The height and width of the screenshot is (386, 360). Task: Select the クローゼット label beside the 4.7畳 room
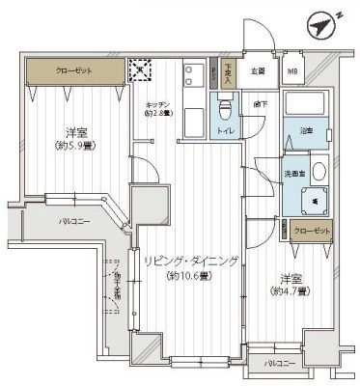pyautogui.click(x=313, y=232)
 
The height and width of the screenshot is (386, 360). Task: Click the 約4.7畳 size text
pyautogui.click(x=289, y=290)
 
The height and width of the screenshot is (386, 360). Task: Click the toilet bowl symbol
pyautogui.click(x=226, y=109)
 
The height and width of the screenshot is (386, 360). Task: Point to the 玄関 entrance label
pyautogui.click(x=259, y=70)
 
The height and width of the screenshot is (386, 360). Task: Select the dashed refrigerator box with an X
pyautogui.click(x=141, y=69)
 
